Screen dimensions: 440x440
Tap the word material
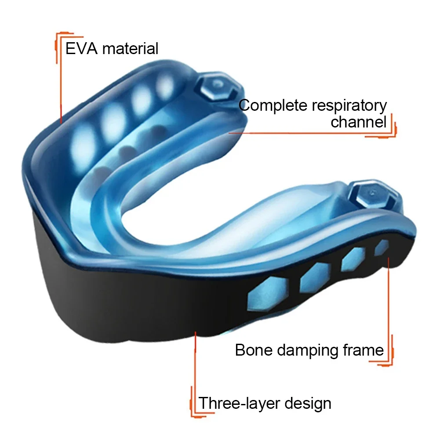130,48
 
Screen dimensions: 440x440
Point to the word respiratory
351,106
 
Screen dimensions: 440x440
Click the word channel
358,122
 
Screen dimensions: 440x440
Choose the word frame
364,350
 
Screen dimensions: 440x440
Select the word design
309,403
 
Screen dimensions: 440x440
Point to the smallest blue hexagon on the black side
381,248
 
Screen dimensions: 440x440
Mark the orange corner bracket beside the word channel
393,127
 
